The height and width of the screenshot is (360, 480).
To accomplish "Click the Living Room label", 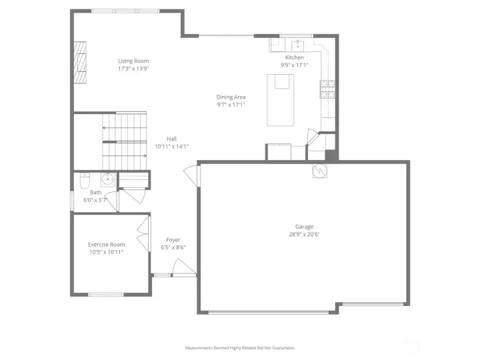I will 133,61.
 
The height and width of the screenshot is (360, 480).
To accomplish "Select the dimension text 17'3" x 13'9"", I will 133,68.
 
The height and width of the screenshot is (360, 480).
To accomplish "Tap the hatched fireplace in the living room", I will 81,63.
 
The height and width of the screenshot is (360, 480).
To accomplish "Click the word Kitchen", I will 295,58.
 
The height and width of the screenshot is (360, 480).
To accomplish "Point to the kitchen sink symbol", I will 297,45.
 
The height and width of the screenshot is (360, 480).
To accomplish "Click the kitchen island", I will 281,99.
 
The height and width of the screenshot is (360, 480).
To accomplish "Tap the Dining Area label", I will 231,97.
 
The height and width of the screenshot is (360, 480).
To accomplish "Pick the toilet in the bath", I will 85,181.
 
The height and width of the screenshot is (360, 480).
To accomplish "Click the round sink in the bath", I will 107,179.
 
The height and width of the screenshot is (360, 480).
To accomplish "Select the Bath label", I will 96,193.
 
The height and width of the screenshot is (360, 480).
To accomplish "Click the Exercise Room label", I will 107,245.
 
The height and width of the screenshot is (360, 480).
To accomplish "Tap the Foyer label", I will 173,240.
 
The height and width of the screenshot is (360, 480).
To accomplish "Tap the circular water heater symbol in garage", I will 319,171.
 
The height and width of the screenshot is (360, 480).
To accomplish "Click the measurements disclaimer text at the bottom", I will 240,347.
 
